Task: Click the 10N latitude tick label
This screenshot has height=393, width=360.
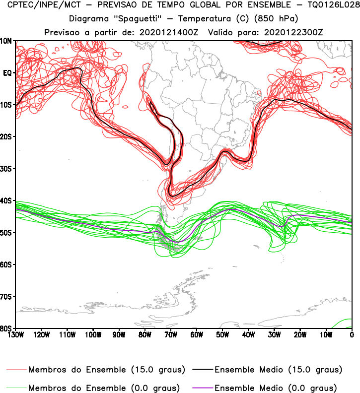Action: pyautogui.click(x=7, y=41)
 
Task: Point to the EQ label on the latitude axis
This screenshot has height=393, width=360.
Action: pyautogui.click(x=7, y=72)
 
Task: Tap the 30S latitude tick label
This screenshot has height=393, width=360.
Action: pyautogui.click(x=7, y=169)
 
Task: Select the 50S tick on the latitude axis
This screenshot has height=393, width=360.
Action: pyautogui.click(x=7, y=233)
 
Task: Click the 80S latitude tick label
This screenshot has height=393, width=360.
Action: pyautogui.click(x=7, y=328)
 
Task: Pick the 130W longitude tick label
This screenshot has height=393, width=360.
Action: pyautogui.click(x=15, y=334)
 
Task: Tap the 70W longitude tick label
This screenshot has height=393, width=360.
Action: pyautogui.click(x=170, y=334)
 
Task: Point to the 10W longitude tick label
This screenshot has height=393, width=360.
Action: pyautogui.click(x=326, y=334)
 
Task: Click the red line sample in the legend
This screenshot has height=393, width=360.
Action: pyautogui.click(x=16, y=370)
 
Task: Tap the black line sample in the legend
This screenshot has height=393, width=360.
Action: pyautogui.click(x=201, y=370)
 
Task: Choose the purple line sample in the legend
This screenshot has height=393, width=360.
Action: pyautogui.click(x=201, y=388)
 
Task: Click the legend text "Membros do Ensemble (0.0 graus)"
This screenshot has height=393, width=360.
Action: pyautogui.click(x=104, y=388)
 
